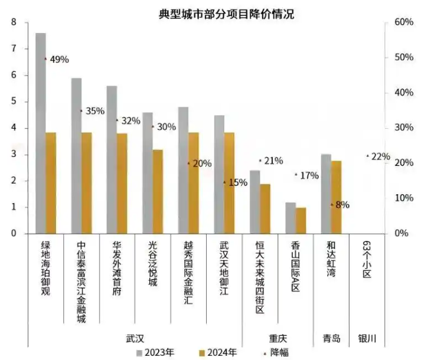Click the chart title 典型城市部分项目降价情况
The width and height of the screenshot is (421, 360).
pyautogui.click(x=226, y=14)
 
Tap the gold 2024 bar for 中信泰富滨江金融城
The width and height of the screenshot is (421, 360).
pyautogui.click(x=86, y=183)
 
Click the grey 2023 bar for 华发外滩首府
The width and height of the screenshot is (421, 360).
pyautogui.click(x=112, y=159)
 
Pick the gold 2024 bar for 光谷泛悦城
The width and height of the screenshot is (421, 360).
pyautogui.click(x=158, y=192)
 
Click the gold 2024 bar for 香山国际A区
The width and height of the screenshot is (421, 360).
pyautogui.click(x=301, y=221)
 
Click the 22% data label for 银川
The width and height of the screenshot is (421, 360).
pyautogui.click(x=381, y=156)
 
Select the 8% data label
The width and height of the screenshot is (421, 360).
pyautogui.click(x=342, y=205)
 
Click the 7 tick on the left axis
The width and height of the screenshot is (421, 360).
pyautogui.click(x=14, y=49)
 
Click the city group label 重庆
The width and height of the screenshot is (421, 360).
pyautogui.click(x=278, y=339)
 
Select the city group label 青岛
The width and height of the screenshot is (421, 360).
pyautogui.click(x=331, y=339)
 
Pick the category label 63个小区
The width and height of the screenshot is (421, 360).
pyautogui.click(x=367, y=259)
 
